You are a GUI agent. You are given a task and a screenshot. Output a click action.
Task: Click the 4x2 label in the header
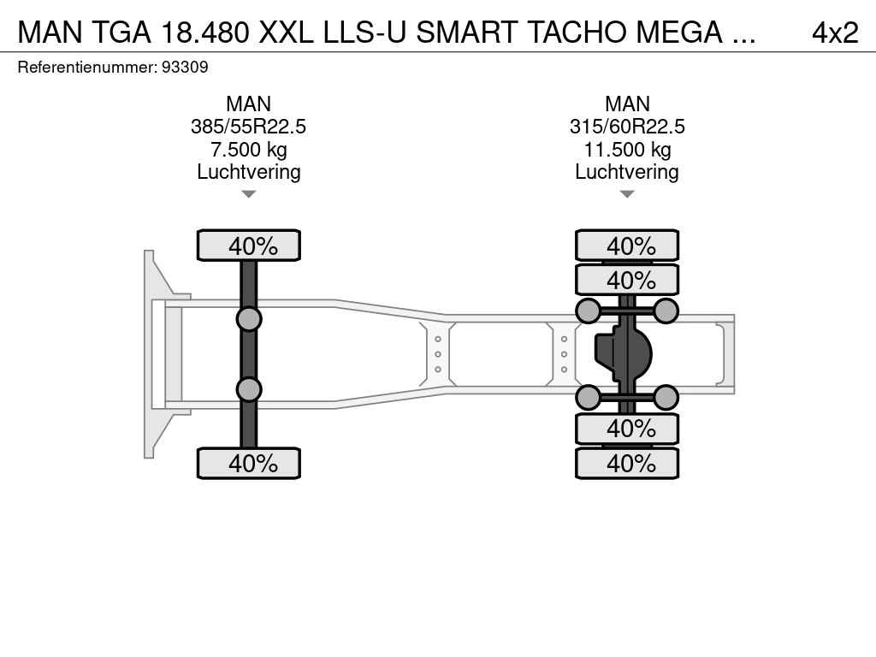coord(835,33)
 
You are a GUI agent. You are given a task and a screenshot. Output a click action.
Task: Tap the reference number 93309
coord(185,67)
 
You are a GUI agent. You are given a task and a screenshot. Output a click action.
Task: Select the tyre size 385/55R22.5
coord(249,127)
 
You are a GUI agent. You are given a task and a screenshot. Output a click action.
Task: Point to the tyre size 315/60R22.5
coord(627,127)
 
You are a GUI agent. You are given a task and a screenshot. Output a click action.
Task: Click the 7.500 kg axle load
coord(249,150)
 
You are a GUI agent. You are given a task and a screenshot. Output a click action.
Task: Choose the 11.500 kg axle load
coord(627,150)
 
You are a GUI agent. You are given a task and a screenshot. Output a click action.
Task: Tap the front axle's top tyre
coord(249,246)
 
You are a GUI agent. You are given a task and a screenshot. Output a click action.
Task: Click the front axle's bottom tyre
coord(249,463)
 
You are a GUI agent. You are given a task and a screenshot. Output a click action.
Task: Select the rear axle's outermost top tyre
coord(627,246)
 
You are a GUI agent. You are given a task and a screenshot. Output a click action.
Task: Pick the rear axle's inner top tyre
coord(627,280)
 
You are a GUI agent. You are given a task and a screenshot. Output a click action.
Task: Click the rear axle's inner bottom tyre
coord(627,429)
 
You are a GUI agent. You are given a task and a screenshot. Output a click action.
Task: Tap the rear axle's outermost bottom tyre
coord(627,463)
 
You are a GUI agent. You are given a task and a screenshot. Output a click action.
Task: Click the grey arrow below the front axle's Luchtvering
coord(249,194)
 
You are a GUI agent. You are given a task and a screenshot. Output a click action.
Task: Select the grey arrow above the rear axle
coord(627,194)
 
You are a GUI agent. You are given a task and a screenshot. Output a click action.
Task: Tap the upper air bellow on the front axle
coord(249,320)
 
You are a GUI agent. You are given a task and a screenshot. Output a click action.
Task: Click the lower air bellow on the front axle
coord(249,389)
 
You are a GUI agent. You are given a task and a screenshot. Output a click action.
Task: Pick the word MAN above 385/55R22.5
coord(249,104)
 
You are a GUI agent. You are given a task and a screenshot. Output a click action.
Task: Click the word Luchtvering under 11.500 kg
coord(627,172)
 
